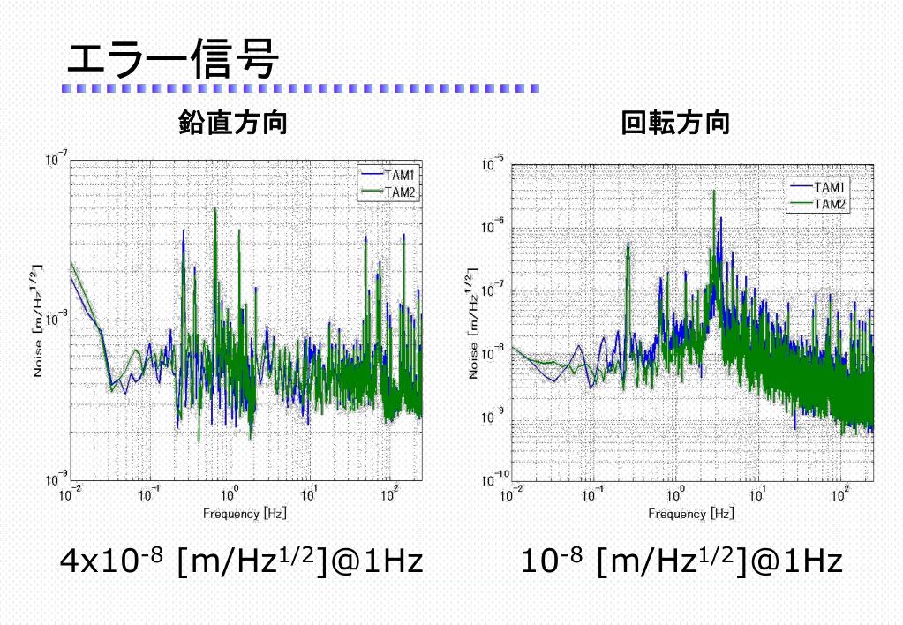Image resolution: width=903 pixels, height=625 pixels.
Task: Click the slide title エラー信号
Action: coord(173,59)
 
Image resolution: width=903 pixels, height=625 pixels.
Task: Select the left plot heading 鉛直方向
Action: coord(232,124)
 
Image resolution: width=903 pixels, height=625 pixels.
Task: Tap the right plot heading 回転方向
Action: coord(675,124)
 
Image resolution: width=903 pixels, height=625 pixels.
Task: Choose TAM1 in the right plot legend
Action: coord(830,187)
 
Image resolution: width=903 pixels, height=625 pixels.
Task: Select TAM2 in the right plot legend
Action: coord(830,203)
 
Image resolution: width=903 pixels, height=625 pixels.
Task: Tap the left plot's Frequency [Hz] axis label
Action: coord(245,513)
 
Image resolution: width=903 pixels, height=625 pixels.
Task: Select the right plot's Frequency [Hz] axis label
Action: coord(691,513)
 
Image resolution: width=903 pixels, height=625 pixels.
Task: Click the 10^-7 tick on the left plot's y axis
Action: coord(55,161)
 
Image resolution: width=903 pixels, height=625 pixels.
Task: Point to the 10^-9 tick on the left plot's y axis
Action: coord(55,479)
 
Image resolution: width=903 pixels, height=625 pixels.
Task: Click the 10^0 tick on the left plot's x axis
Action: coord(230,496)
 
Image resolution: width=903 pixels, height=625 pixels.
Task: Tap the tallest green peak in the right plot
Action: coord(713,192)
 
